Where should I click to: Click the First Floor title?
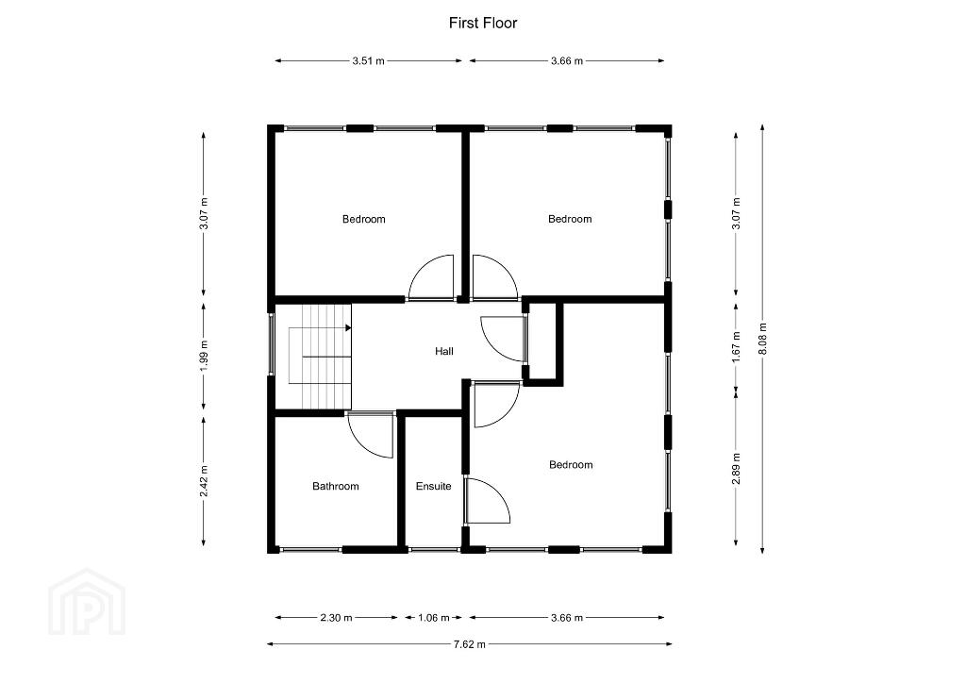tap(482, 24)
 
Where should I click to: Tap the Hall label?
tap(444, 351)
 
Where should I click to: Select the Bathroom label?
tap(336, 486)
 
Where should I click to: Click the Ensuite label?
tap(434, 486)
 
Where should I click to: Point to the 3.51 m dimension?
tap(369, 61)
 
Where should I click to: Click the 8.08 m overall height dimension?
tap(762, 339)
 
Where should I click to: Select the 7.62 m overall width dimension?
tap(470, 644)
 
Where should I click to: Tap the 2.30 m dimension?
tap(337, 617)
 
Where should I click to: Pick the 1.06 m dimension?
tap(434, 617)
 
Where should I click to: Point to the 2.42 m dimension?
tap(204, 480)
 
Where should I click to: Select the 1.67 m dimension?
tap(736, 347)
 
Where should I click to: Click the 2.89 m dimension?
tap(736, 468)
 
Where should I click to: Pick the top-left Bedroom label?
tap(364, 219)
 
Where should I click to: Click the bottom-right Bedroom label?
tap(571, 464)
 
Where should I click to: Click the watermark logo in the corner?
tap(87, 602)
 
